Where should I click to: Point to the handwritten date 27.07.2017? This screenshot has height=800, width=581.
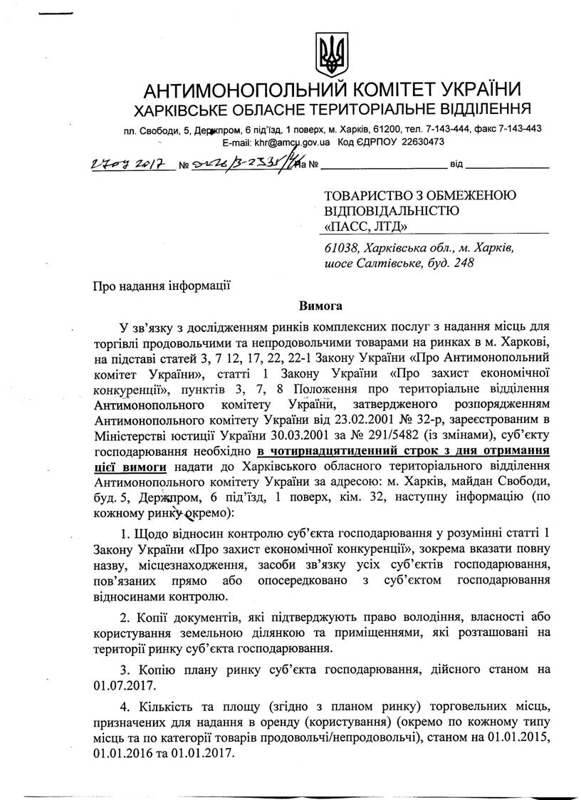pyautogui.click(x=131, y=165)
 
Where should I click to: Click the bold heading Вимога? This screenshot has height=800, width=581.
pyautogui.click(x=321, y=306)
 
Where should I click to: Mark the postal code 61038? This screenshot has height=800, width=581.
pyautogui.click(x=339, y=248)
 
